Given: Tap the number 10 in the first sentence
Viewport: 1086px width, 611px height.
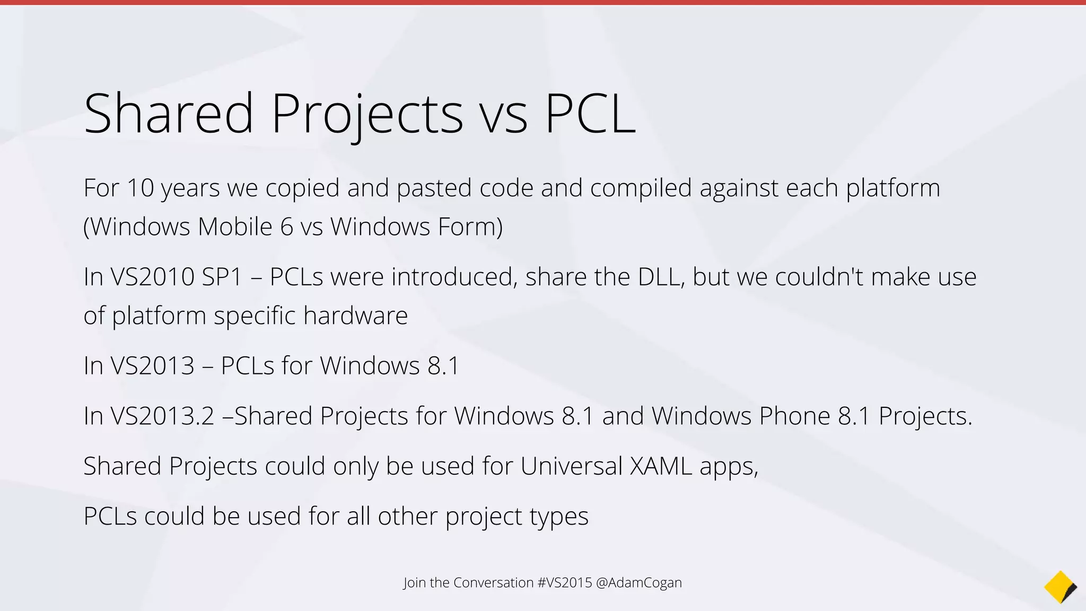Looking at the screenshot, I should click(140, 188).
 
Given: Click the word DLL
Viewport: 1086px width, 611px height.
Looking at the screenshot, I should click(661, 277).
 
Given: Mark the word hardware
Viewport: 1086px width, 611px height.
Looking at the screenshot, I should click(355, 316).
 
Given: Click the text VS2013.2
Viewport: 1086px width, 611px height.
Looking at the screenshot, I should click(162, 416).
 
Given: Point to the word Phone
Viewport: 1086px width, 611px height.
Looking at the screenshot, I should click(794, 416).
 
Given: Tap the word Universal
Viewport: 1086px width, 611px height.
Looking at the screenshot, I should click(571, 466).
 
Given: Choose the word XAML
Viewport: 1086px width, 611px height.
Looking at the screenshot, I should click(661, 466).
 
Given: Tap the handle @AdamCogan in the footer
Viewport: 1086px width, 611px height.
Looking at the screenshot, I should click(639, 582).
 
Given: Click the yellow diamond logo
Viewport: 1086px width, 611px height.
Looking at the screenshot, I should click(1060, 587).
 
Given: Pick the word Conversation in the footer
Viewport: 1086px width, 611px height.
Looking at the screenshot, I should click(493, 582).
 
